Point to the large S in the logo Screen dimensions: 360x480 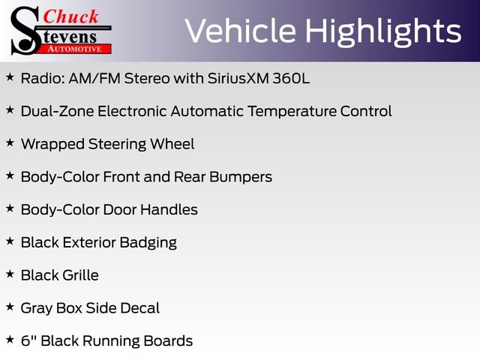point(25,31)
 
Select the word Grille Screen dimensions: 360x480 point(80,275)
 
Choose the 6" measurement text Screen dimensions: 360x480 point(28,340)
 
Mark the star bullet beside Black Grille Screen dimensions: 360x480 point(10,274)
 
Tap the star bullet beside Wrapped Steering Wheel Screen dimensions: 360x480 point(10,142)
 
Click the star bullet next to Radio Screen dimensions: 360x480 point(10,76)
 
